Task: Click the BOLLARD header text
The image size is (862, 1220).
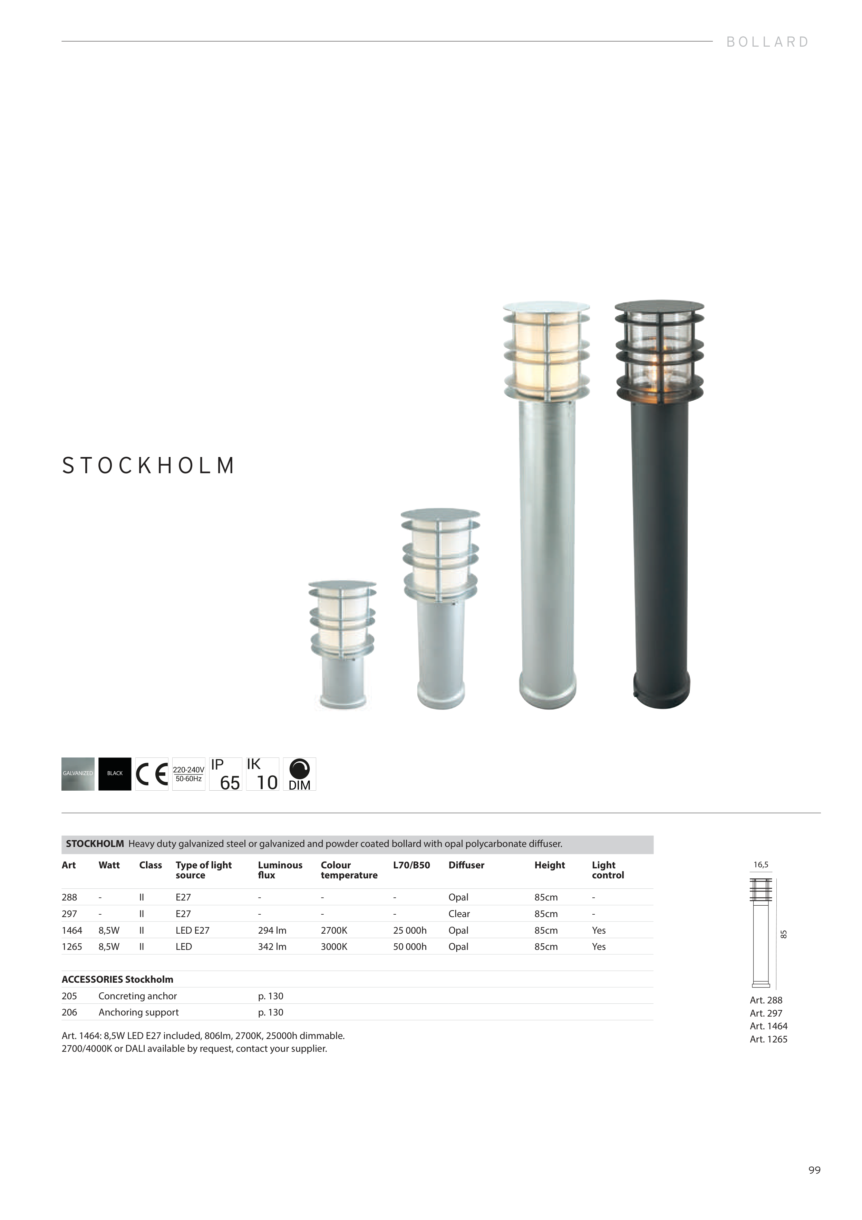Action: [x=767, y=42]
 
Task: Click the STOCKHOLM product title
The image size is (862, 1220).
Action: [x=148, y=466]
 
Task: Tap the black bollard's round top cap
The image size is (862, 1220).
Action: [x=659, y=307]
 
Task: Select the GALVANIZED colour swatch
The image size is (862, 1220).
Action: [x=78, y=774]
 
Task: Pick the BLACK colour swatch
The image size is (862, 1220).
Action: [x=115, y=774]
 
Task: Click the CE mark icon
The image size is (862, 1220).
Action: [x=152, y=774]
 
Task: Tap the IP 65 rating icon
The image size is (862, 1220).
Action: [x=226, y=774]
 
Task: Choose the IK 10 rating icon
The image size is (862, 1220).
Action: [x=262, y=774]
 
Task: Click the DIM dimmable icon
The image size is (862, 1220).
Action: [x=300, y=774]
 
